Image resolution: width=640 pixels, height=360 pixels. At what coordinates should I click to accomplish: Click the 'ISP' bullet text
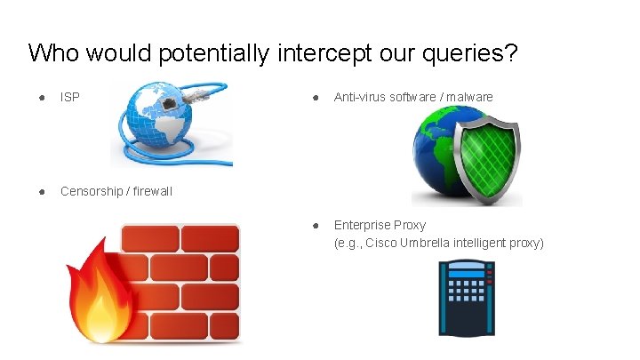pyautogui.click(x=69, y=97)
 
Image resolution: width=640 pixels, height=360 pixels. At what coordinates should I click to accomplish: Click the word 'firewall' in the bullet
pyautogui.click(x=152, y=191)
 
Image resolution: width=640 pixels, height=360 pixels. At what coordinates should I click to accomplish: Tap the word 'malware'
pyautogui.click(x=468, y=97)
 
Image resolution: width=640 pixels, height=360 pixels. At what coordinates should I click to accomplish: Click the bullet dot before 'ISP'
pyautogui.click(x=41, y=97)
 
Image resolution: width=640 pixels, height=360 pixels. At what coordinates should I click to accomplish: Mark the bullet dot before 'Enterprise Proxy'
pyautogui.click(x=315, y=225)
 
